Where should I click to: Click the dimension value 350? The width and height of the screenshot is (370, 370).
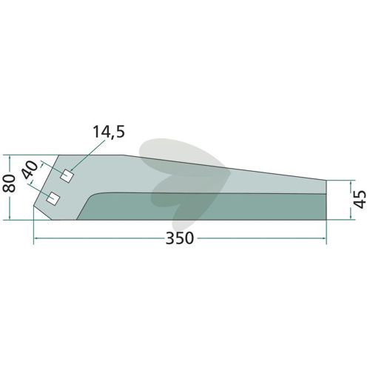click(x=180, y=238)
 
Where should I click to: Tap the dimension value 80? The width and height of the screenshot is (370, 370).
click(x=9, y=183)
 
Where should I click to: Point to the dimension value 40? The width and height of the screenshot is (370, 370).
click(x=30, y=170)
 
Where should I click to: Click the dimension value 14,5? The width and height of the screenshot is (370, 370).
click(x=109, y=132)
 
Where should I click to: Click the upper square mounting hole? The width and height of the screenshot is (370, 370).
click(x=67, y=176)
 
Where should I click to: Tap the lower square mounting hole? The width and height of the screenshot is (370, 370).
click(x=53, y=198)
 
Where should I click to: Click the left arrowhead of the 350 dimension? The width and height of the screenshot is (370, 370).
click(x=36, y=238)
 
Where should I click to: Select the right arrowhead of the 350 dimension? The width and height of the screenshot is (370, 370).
click(x=325, y=238)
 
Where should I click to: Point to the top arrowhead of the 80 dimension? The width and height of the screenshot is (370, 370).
click(x=10, y=157)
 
